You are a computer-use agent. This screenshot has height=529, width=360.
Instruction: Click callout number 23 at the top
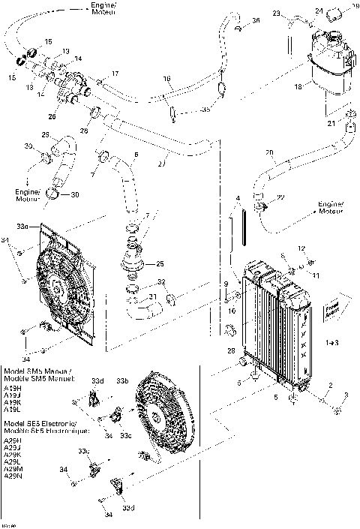click(x=276, y=14)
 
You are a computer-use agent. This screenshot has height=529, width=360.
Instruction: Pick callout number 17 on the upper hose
click(x=115, y=74)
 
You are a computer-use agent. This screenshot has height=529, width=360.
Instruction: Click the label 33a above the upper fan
click(x=23, y=225)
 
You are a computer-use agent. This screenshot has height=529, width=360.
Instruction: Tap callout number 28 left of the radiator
click(x=230, y=352)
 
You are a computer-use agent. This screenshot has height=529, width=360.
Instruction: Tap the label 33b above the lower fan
click(x=122, y=381)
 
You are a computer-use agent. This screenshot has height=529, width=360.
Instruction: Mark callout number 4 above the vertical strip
click(x=238, y=199)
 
